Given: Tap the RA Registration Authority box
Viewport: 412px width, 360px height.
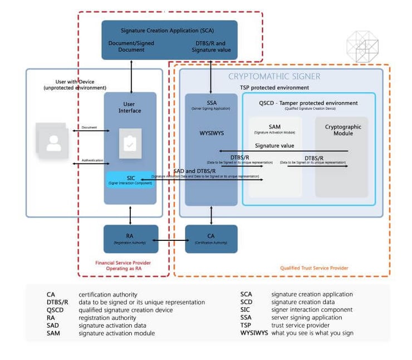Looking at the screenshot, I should click(x=130, y=239).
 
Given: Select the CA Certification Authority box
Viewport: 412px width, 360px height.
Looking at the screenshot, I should click(x=211, y=239).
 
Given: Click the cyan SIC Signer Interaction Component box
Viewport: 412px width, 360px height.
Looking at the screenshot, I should click(x=130, y=180).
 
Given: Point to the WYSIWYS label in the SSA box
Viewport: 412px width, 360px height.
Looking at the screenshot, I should click(x=211, y=134).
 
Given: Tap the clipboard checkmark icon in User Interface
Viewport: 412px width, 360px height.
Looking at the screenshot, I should click(x=130, y=143).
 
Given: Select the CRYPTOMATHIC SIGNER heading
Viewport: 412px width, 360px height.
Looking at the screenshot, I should click(x=274, y=76).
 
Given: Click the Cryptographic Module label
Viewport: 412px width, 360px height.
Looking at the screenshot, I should click(x=342, y=130).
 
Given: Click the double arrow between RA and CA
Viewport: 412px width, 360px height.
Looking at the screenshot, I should click(x=171, y=240).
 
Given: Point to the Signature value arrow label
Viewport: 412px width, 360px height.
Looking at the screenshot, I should click(x=274, y=146).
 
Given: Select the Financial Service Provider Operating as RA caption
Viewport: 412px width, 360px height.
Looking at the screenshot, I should click(x=123, y=265).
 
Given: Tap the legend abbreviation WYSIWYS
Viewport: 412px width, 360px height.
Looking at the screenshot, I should click(x=254, y=333).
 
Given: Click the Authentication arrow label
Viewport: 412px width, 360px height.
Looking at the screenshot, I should click(x=92, y=160).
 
